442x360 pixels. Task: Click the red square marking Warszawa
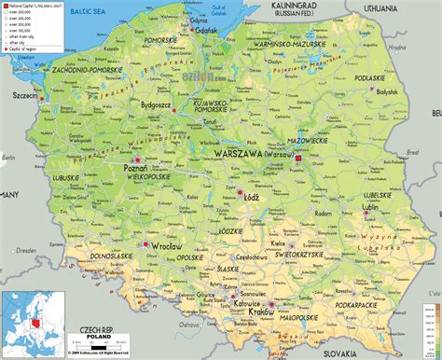[x=298, y=159]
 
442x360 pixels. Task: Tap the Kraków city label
[x=263, y=312]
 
